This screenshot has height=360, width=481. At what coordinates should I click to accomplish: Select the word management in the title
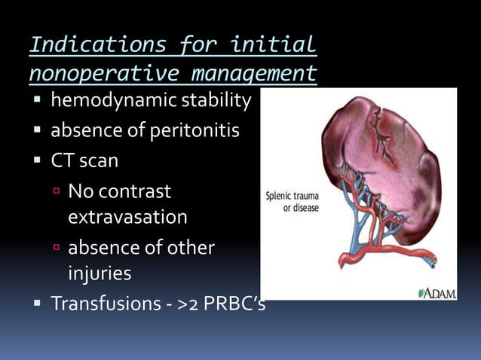point(253,75)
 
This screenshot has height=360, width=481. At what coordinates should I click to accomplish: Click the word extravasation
point(127,217)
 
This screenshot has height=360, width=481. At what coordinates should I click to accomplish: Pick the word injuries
point(100,273)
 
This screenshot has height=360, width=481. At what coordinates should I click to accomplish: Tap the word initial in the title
point(274,44)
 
